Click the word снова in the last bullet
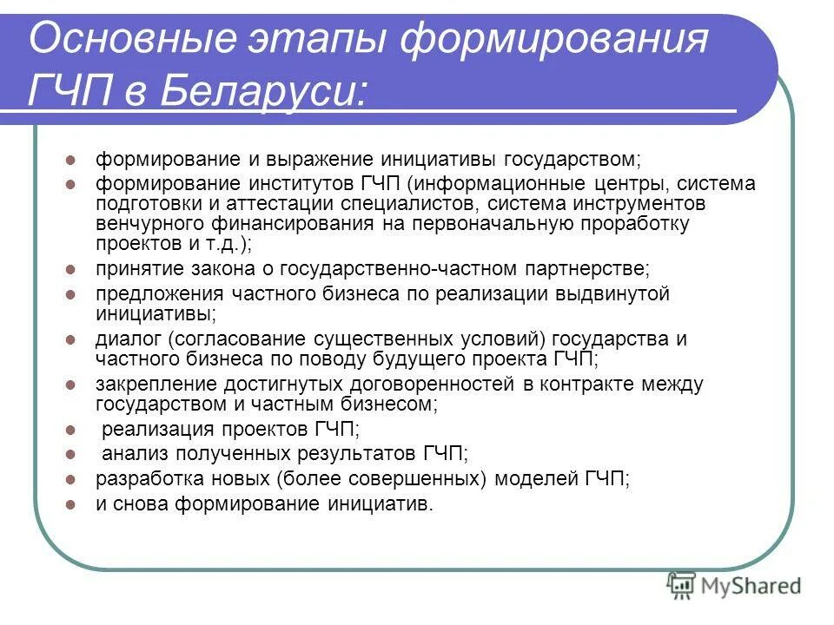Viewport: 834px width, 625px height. click(140, 503)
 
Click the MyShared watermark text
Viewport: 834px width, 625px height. click(752, 585)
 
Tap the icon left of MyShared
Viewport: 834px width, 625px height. click(682, 585)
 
